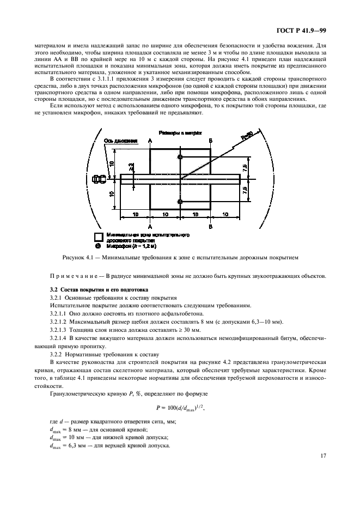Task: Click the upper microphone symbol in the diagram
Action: coord(180,157)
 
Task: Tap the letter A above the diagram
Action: coord(150,141)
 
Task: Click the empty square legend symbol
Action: coord(99,236)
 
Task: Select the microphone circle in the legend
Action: coord(99,246)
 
